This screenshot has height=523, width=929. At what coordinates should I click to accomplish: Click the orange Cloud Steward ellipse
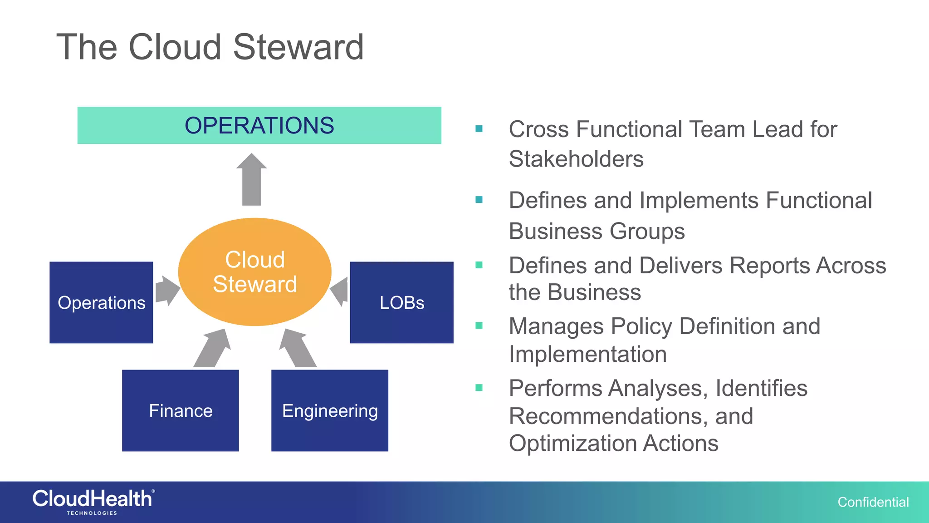coord(254,271)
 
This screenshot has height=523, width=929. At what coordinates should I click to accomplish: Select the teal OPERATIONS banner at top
coord(259,125)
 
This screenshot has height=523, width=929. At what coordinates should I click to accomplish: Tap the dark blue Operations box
coord(101,302)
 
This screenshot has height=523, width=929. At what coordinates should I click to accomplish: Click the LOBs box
coord(401,302)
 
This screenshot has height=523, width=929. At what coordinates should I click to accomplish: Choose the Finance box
coord(181,410)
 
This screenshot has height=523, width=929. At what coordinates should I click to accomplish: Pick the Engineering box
coord(330,410)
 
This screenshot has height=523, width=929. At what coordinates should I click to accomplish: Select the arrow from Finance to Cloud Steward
coord(213,348)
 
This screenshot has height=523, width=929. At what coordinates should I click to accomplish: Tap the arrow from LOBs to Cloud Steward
coord(341,291)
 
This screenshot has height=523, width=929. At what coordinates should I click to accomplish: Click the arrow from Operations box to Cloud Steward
coord(166,291)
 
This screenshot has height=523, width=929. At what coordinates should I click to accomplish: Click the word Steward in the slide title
coord(298,47)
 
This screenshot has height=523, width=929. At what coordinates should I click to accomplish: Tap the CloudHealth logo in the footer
coord(93,501)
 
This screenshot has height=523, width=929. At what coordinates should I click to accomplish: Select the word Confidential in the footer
coord(873,502)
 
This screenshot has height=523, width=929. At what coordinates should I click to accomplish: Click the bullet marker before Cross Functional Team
coord(479,129)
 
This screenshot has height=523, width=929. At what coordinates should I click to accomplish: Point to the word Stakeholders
coord(576,159)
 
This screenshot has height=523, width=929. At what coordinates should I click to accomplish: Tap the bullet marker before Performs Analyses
coord(479,388)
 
